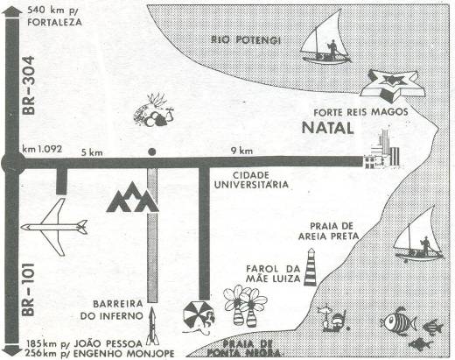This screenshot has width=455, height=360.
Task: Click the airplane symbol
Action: point(54,227)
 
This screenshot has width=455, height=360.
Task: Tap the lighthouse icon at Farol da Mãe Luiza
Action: point(310,267)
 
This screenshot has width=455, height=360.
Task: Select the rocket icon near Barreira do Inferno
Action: point(152,326)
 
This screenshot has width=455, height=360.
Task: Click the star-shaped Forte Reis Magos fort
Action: point(393,86)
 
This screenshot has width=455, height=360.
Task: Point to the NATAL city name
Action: point(328,128)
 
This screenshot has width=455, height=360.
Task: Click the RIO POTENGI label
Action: point(246,39)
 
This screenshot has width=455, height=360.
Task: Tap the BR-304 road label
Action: point(29,85)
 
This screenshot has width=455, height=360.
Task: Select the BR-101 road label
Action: point(28,290)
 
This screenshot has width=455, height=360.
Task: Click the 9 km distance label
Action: point(241,151)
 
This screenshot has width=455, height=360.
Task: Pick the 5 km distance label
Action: point(92,152)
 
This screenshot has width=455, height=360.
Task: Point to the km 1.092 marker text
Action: point(42,149)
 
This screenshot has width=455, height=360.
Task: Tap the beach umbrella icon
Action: point(199,317)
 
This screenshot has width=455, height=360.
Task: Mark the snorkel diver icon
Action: point(333,318)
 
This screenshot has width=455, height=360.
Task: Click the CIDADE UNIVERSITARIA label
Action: point(251,180)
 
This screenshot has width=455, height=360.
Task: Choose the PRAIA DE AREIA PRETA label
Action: point(328,231)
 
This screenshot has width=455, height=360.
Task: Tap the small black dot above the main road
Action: point(151,152)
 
